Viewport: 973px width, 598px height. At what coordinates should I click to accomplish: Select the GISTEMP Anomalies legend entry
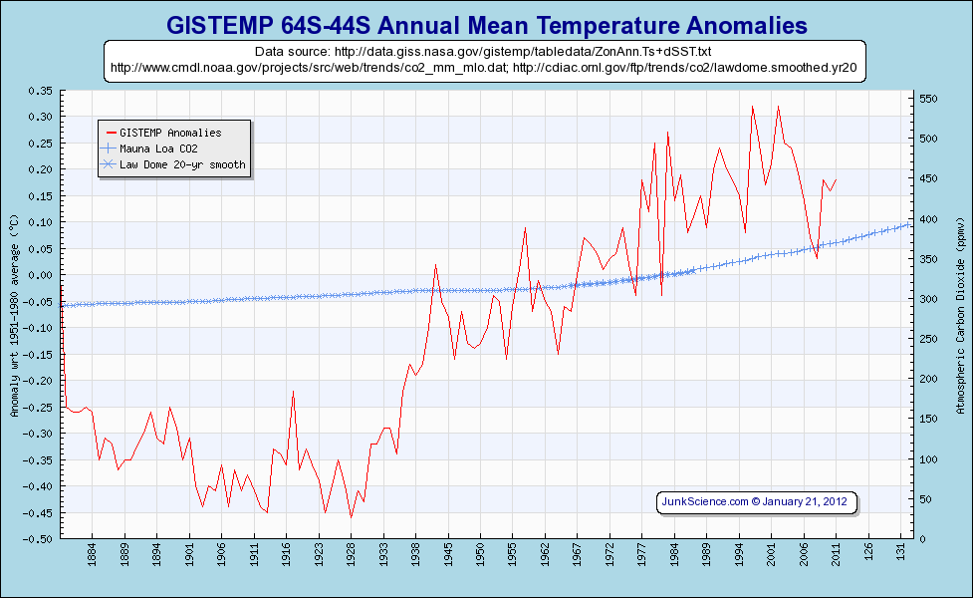169,133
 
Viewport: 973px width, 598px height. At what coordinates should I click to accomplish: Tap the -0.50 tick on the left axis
40,539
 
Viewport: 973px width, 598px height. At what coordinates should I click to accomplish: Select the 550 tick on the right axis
928,100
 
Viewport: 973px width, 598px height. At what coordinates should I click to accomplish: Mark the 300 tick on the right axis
928,299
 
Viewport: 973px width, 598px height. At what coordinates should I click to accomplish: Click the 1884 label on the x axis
92,552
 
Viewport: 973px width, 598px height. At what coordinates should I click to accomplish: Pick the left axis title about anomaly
13,314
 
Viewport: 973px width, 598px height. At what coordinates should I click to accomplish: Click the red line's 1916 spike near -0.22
293,391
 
